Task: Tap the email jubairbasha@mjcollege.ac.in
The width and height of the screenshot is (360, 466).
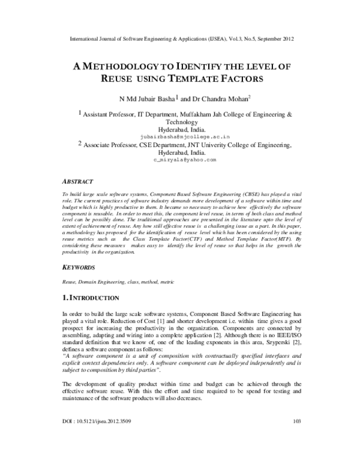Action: coord(181,137)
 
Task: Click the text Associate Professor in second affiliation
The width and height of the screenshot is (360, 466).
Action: coord(109,145)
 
